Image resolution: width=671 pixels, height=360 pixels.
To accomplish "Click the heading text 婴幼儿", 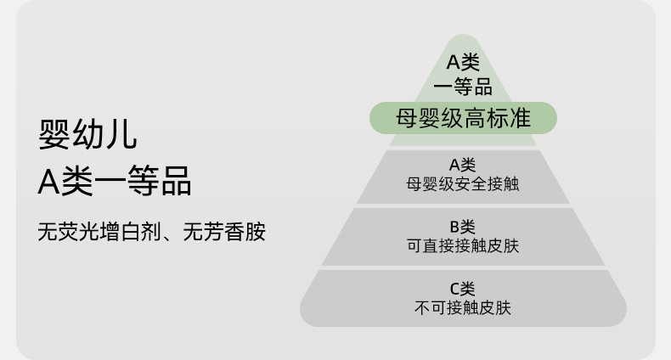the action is click(x=87, y=133).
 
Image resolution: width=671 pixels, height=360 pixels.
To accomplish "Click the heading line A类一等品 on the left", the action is click(x=115, y=180).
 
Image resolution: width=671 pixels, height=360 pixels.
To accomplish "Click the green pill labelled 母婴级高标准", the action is click(x=463, y=118).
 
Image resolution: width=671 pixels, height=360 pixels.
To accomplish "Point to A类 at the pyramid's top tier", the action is click(x=463, y=62).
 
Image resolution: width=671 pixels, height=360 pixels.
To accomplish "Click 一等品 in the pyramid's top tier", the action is click(x=463, y=86).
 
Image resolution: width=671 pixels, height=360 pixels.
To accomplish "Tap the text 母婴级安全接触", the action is click(x=463, y=183).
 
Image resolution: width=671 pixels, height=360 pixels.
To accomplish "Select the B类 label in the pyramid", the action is click(x=463, y=228).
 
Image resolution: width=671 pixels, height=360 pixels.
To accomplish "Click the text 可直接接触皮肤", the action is click(x=463, y=246).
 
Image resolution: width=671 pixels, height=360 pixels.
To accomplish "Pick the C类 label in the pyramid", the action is click(x=463, y=289).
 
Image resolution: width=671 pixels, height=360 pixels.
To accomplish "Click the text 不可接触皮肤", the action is click(x=463, y=307).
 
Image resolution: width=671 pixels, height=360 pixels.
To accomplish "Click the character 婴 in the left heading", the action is click(x=54, y=133).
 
